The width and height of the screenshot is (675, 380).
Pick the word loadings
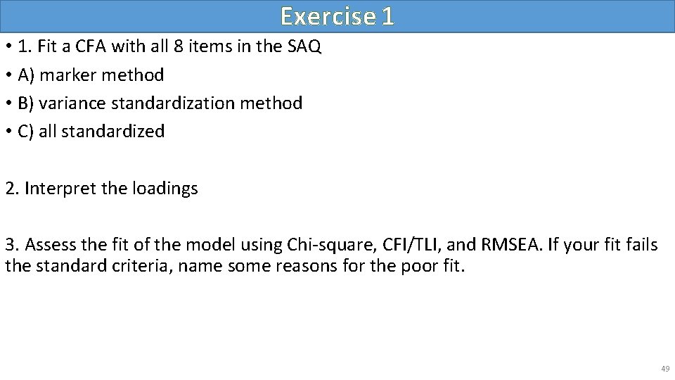167,189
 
